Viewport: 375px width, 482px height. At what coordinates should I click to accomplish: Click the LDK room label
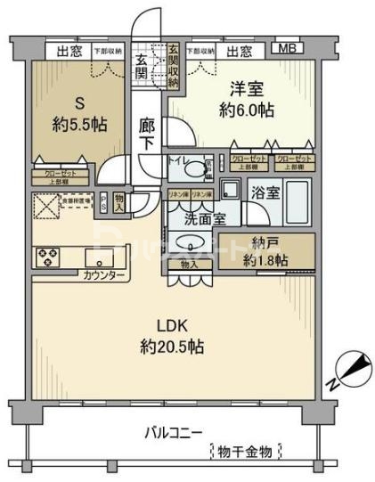[173, 324]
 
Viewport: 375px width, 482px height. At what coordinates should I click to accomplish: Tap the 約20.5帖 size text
[173, 346]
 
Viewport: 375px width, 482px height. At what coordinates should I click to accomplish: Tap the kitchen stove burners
[47, 257]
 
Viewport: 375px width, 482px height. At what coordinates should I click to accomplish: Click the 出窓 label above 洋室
[238, 52]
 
